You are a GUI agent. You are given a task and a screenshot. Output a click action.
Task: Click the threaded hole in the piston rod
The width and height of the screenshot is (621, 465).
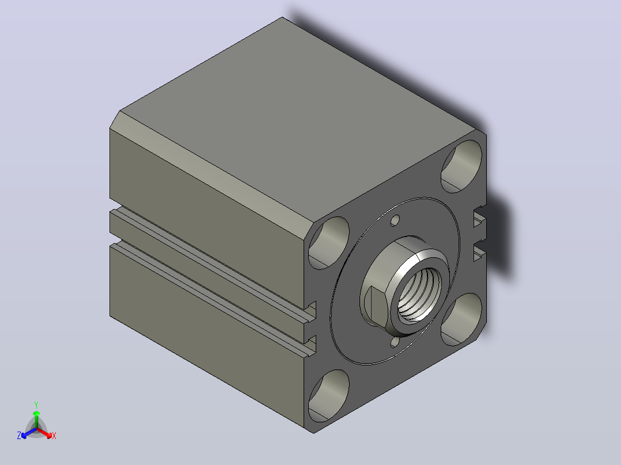[419, 294]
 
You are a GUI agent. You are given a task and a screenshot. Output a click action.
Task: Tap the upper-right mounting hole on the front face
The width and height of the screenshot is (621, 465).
[461, 166]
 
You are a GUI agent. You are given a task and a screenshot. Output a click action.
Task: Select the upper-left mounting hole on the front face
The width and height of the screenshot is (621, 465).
[329, 243]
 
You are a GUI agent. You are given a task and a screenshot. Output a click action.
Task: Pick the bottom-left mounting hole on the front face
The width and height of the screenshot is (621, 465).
[329, 396]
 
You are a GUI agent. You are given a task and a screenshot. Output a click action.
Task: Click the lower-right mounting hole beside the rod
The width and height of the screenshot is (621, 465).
[461, 320]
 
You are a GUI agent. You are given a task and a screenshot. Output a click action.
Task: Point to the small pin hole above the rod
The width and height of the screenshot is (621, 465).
[395, 220]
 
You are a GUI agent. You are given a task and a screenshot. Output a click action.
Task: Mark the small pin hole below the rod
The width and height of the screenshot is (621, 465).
[395, 342]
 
